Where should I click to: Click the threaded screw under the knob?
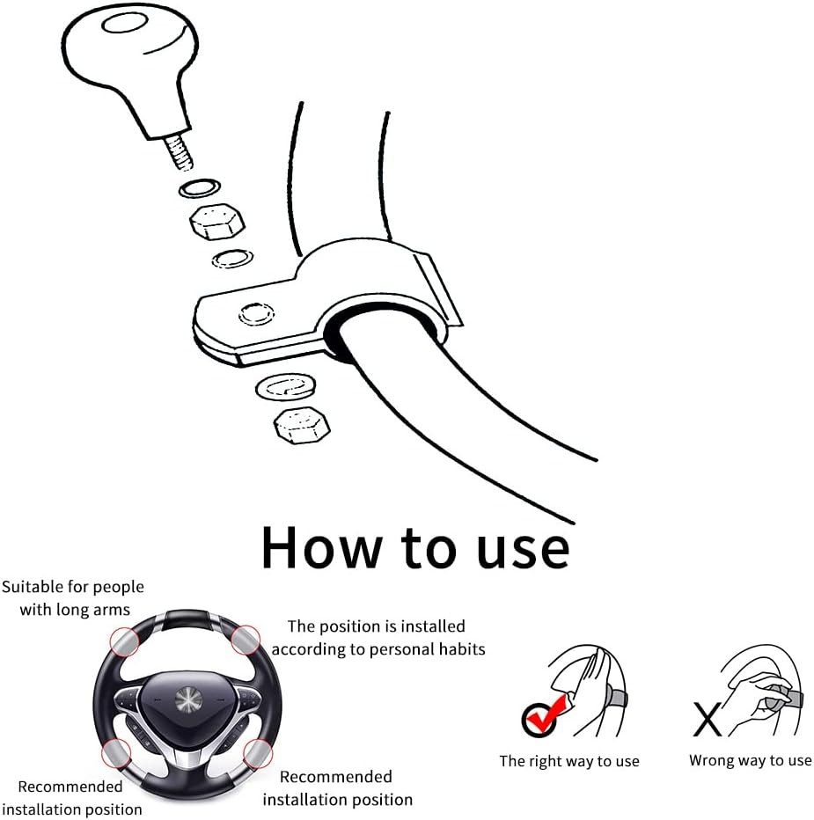(x=178, y=152)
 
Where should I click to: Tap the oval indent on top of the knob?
(x=125, y=24)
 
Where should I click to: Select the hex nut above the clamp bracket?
(x=217, y=221)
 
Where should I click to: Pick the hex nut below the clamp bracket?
(x=302, y=425)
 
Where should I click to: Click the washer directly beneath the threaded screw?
(x=199, y=188)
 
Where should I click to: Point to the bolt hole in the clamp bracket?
(x=256, y=314)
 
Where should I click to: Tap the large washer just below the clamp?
(x=286, y=387)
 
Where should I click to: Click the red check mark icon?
(x=544, y=715)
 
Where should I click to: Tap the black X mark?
(x=708, y=719)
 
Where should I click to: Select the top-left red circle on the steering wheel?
(x=124, y=641)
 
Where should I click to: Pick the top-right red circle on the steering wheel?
(x=246, y=639)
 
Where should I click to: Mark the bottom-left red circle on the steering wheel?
(x=117, y=754)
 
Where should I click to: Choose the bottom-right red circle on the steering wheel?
(x=258, y=754)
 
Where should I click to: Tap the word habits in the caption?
(x=462, y=649)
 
